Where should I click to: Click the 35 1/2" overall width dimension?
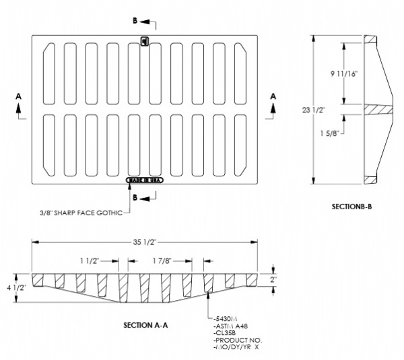[x=141, y=241]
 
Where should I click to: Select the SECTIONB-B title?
[x=351, y=207]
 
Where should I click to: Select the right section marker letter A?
[x=273, y=96]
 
